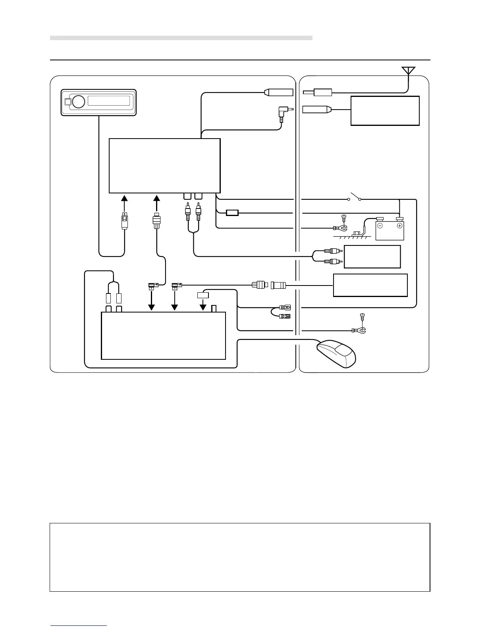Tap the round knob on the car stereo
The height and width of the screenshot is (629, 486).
coord(79,102)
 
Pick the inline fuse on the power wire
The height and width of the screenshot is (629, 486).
coord(232,213)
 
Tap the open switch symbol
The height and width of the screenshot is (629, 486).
coord(354,197)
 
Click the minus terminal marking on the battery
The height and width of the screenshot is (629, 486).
coord(380,226)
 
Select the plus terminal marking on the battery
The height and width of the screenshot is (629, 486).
coord(399,226)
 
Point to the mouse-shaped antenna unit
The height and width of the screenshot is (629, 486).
coord(336,353)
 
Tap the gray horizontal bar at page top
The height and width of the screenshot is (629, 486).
coord(181,38)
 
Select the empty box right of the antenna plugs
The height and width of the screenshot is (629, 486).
coord(385,111)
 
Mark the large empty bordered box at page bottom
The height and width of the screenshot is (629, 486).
coord(240,557)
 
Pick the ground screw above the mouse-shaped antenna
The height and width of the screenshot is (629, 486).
coord(361,316)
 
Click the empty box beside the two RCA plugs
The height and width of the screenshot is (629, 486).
coord(372,257)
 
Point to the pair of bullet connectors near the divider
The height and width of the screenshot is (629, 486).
coord(285,311)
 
